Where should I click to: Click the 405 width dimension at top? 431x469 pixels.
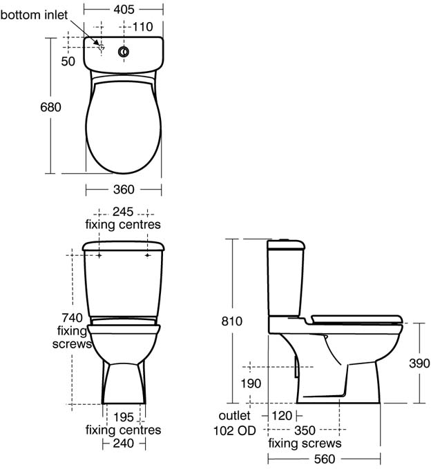click(x=123, y=10)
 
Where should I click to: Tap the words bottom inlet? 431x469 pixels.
click(x=34, y=14)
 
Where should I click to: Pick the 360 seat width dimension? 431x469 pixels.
click(x=123, y=190)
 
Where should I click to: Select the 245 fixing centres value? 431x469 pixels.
click(x=123, y=212)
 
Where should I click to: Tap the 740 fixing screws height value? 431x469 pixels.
click(x=72, y=318)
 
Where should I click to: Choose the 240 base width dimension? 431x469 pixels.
click(x=123, y=444)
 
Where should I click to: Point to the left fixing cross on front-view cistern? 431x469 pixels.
click(x=99, y=255)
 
